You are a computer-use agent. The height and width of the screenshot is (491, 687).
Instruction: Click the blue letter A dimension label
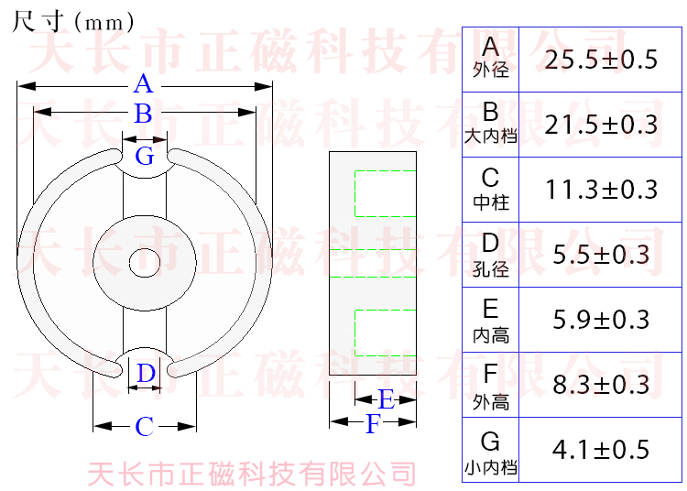click(143, 85)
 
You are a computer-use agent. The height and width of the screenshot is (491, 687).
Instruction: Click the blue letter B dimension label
click(143, 114)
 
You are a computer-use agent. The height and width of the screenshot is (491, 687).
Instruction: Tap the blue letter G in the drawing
click(145, 156)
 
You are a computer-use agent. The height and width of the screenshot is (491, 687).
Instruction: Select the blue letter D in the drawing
click(146, 374)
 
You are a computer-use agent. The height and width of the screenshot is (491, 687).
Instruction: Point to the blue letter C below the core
click(145, 427)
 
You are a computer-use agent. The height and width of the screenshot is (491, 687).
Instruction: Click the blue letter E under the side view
click(386, 399)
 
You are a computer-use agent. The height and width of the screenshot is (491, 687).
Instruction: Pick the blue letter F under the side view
click(372, 425)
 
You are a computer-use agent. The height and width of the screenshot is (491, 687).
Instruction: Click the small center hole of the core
click(144, 263)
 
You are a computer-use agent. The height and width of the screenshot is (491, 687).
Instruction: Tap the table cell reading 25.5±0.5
click(601, 60)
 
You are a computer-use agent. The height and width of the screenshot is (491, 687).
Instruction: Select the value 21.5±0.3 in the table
click(601, 125)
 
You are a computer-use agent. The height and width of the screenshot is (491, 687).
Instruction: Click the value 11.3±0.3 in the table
click(601, 190)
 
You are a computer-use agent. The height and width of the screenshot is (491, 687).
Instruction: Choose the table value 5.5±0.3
click(601, 255)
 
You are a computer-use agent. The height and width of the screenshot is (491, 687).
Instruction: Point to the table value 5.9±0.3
click(601, 320)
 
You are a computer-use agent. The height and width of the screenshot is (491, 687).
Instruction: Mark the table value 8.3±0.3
click(601, 384)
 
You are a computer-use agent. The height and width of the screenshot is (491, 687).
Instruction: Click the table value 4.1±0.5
click(601, 450)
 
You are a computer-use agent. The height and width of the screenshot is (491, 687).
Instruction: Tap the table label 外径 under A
click(491, 71)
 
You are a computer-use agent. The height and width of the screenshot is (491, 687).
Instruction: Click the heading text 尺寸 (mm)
click(74, 21)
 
